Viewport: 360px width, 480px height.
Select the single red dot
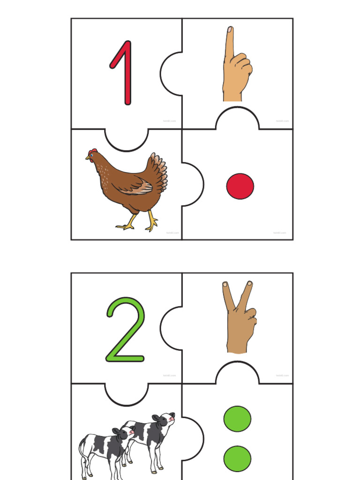pyautogui.click(x=240, y=186)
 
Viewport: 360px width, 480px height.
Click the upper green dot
pyautogui.click(x=237, y=419)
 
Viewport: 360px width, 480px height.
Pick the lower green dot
pyautogui.click(x=237, y=458)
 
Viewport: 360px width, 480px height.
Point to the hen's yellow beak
pyautogui.click(x=88, y=158)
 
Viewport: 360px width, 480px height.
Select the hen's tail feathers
pyautogui.click(x=158, y=171)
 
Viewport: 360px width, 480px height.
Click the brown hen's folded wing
pyautogui.click(x=136, y=186)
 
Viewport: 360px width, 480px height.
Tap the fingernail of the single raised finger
pyautogui.click(x=230, y=30)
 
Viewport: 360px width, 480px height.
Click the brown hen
pyautogui.click(x=129, y=187)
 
